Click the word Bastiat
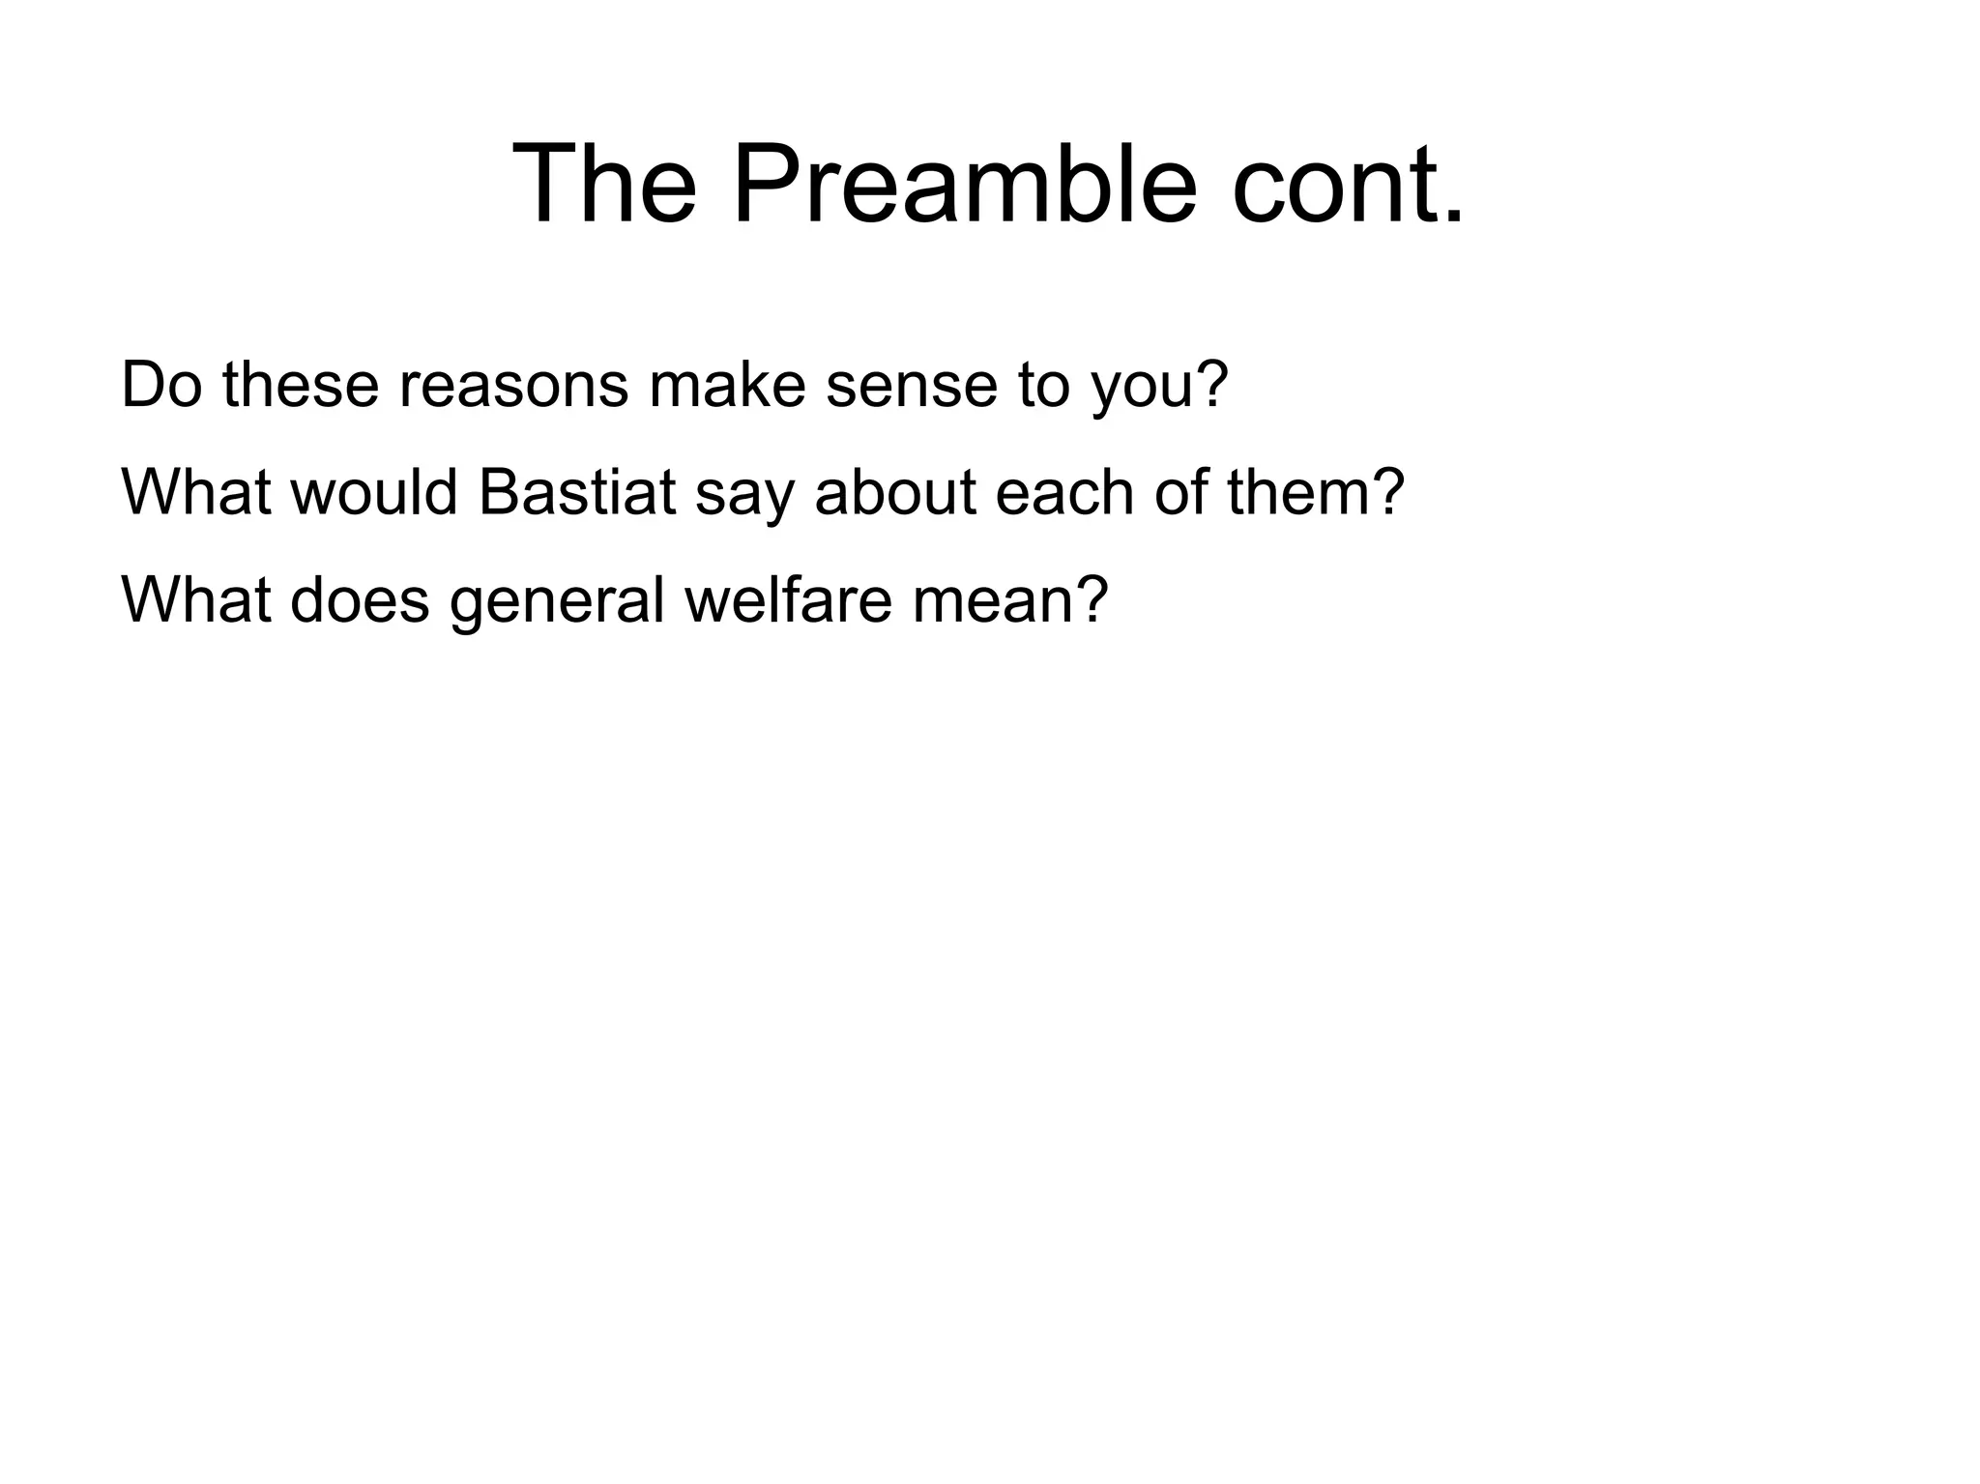pyautogui.click(x=576, y=492)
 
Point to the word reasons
pyautogui.click(x=513, y=385)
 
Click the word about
pyautogui.click(x=895, y=492)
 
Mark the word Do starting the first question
pyautogui.click(x=160, y=385)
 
